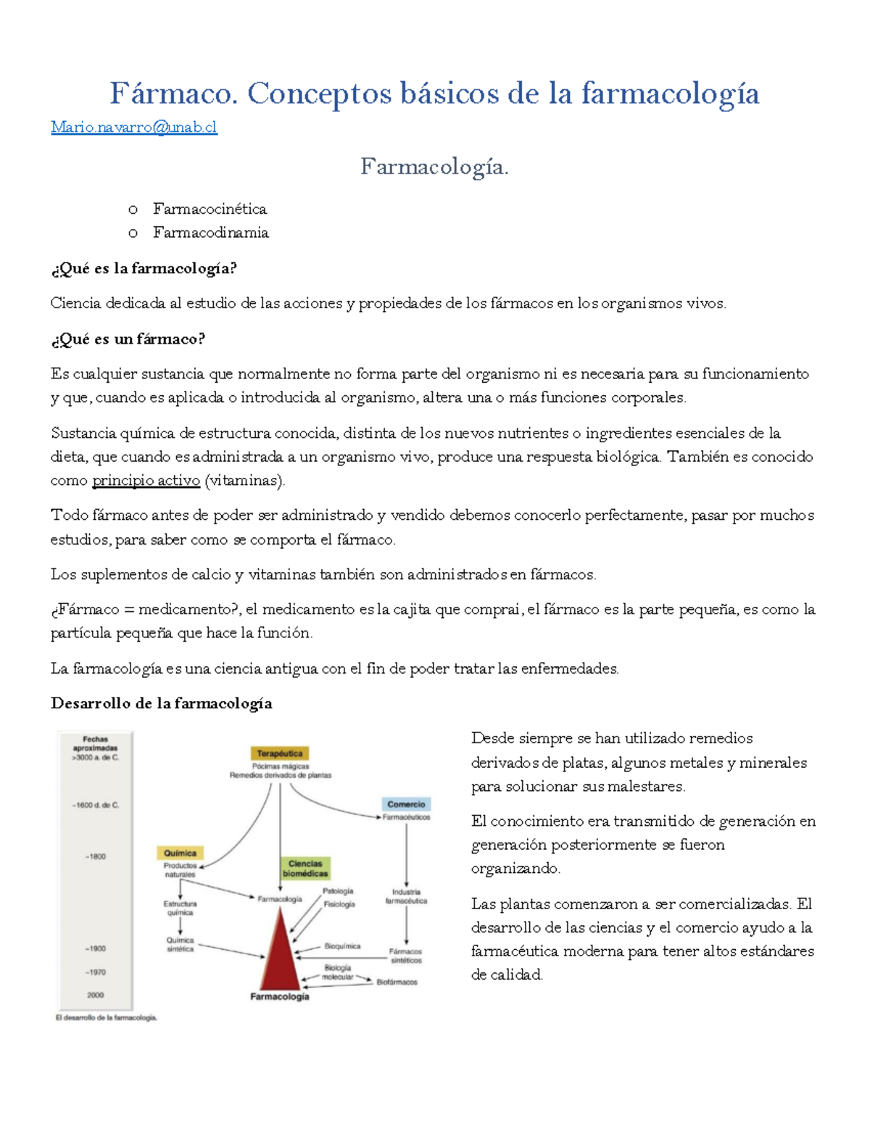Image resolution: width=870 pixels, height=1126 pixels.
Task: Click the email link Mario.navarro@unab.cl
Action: tap(133, 128)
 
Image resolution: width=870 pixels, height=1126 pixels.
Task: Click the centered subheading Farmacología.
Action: tap(434, 167)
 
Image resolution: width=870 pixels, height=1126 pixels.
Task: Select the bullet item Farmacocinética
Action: tap(210, 209)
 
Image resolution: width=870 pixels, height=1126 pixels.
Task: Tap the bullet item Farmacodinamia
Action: tap(210, 233)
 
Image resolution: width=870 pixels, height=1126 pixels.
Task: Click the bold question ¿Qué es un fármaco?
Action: tap(128, 339)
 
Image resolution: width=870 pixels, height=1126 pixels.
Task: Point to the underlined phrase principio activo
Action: tap(146, 481)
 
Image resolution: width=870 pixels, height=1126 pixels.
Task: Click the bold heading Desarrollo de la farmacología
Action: tap(162, 703)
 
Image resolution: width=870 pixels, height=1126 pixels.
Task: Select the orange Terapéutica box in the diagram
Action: tap(280, 753)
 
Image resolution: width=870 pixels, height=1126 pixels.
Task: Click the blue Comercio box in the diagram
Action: tap(406, 804)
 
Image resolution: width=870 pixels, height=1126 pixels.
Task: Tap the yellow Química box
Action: tap(180, 853)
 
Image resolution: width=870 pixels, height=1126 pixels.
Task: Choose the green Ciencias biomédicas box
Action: tap(305, 869)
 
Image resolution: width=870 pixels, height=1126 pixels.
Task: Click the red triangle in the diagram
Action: tap(279, 957)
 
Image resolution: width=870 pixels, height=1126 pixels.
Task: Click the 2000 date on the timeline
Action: tap(95, 995)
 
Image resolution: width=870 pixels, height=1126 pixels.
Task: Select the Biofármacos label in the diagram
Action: tap(397, 982)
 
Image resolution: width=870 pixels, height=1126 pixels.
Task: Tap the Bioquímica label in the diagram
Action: tap(342, 946)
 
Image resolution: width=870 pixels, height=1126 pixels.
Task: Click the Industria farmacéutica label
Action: tap(406, 897)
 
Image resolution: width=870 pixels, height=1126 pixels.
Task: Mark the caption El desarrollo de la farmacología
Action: tap(107, 1018)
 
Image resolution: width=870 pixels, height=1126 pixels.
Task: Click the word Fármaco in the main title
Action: tap(173, 94)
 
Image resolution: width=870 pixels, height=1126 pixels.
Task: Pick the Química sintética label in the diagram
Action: tap(180, 945)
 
